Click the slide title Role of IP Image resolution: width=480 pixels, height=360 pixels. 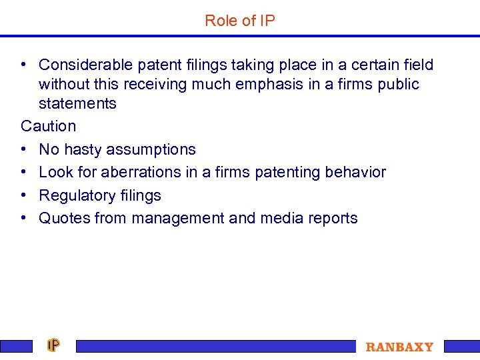240,21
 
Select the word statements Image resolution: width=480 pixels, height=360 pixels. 77,103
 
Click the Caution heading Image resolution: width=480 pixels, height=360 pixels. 49,126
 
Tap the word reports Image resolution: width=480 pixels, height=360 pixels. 332,218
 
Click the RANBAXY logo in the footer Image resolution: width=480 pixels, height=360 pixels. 399,347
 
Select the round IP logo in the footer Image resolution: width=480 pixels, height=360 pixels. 53,345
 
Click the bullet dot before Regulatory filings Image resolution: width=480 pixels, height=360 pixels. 24,195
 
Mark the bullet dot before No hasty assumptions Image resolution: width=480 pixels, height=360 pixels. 24,149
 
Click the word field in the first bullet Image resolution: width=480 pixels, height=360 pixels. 417,65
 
